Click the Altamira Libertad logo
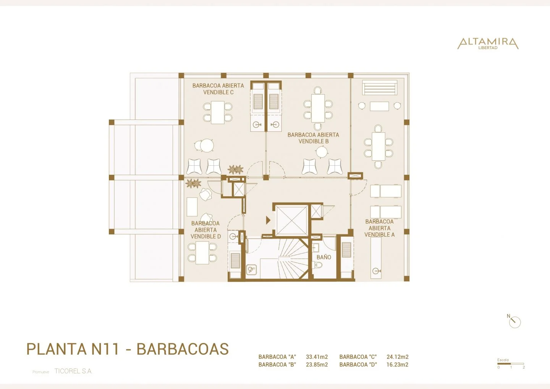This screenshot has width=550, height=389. coord(488,43)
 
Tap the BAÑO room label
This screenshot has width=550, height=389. coord(324,257)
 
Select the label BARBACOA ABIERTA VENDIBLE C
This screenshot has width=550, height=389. coord(218,89)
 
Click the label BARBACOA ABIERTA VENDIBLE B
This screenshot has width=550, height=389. coord(313,138)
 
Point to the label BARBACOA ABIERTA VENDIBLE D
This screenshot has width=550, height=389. coord(205,230)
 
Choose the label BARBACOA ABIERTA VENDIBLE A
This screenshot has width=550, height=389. coord(379,228)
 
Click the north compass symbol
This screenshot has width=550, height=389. coord(514,321)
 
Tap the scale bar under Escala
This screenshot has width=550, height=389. coord(511,364)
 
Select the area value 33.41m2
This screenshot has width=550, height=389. coord(317,357)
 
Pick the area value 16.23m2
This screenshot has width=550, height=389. coord(397,365)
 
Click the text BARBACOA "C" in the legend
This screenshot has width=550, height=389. coord(358,357)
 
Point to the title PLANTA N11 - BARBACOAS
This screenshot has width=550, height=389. coord(127,349)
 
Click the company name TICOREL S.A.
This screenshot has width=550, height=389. coord(73,371)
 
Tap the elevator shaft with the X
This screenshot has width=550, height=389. coord(292,221)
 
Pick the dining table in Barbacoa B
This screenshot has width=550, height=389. coord(318,108)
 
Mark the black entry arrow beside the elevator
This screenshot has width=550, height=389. coord(268,220)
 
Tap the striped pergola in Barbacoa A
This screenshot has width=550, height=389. coord(380,87)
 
